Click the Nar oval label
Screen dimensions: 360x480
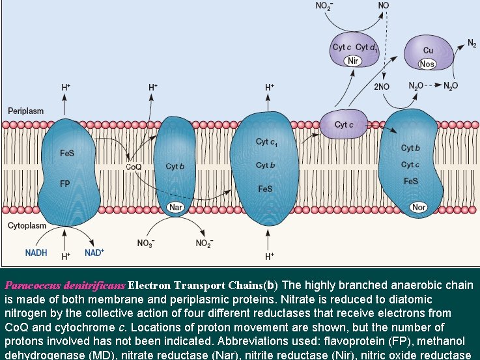tap(175, 208)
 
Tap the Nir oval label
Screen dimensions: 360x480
tap(354, 61)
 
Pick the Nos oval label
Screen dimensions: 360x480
tap(427, 64)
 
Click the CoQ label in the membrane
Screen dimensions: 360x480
tap(134, 167)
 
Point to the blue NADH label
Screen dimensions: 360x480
tap(36, 253)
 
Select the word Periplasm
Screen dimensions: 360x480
tap(25, 111)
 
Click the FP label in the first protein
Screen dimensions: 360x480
tap(65, 184)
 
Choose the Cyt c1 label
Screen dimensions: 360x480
tap(265, 142)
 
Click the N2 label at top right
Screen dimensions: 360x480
tap(471, 44)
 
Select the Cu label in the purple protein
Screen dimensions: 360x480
tap(428, 50)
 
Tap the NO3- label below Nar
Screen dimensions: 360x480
tap(146, 243)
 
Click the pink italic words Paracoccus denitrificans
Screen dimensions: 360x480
tap(64, 285)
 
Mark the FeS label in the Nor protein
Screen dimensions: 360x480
tap(410, 181)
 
